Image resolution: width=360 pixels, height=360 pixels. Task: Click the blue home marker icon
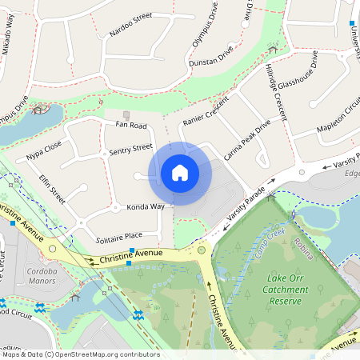180,172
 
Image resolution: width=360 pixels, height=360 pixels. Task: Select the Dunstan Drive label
210,55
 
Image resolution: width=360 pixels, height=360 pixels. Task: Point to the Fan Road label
131,126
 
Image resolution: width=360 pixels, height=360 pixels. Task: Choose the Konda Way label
146,206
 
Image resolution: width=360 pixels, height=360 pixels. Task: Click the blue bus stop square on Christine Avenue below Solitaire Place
132,251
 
